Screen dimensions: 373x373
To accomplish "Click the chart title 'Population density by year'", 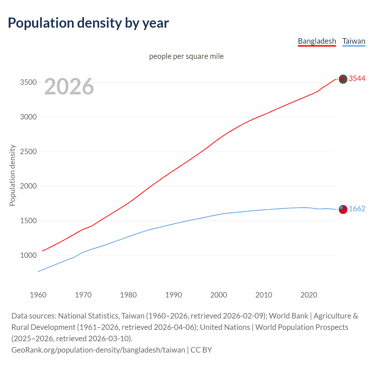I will [88, 23].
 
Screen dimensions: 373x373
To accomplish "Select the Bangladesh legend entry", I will [317, 41].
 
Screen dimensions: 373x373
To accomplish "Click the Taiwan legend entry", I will [353, 41].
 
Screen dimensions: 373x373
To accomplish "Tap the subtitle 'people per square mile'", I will [186, 56].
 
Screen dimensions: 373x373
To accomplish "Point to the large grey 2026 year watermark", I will [69, 87].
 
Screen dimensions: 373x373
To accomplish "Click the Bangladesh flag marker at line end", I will [343, 79].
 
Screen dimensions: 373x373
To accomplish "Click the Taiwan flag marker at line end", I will [343, 209].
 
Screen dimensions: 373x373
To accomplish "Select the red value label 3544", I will [357, 79].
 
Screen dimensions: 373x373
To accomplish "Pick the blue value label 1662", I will [357, 209].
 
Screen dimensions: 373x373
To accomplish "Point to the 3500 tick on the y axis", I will [28, 82].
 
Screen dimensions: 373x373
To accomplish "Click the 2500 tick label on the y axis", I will [28, 152].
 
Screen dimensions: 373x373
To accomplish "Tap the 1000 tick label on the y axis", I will [28, 256].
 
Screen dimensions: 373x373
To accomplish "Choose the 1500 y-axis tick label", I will [28, 221].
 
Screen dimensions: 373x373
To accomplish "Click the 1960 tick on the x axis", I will [38, 295].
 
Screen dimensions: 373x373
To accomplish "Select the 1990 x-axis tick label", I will [173, 295].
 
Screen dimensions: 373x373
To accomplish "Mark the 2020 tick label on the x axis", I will [309, 295].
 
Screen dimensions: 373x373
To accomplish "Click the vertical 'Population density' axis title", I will [12, 175].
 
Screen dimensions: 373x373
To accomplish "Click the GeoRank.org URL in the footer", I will [98, 350].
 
